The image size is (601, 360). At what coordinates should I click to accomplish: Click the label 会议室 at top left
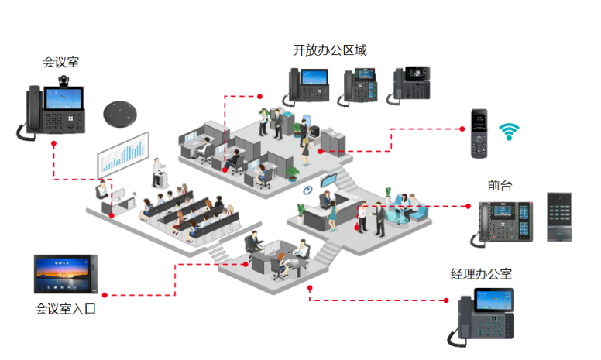[x=61, y=61]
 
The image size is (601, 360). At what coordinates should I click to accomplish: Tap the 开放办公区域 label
[x=329, y=50]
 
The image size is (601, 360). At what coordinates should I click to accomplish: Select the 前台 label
[x=500, y=186]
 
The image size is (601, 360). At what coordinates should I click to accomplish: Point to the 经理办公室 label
[x=481, y=274]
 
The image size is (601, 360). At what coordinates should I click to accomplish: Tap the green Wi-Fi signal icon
[x=509, y=131]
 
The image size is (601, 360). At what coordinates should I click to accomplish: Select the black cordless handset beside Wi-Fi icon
[x=478, y=134]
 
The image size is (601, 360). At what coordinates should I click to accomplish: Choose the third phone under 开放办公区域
[x=410, y=83]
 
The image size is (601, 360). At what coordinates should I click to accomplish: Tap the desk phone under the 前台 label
[x=505, y=222]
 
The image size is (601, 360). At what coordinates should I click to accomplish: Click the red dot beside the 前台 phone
[x=468, y=206]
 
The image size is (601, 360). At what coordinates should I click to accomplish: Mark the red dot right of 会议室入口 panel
[x=105, y=294]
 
